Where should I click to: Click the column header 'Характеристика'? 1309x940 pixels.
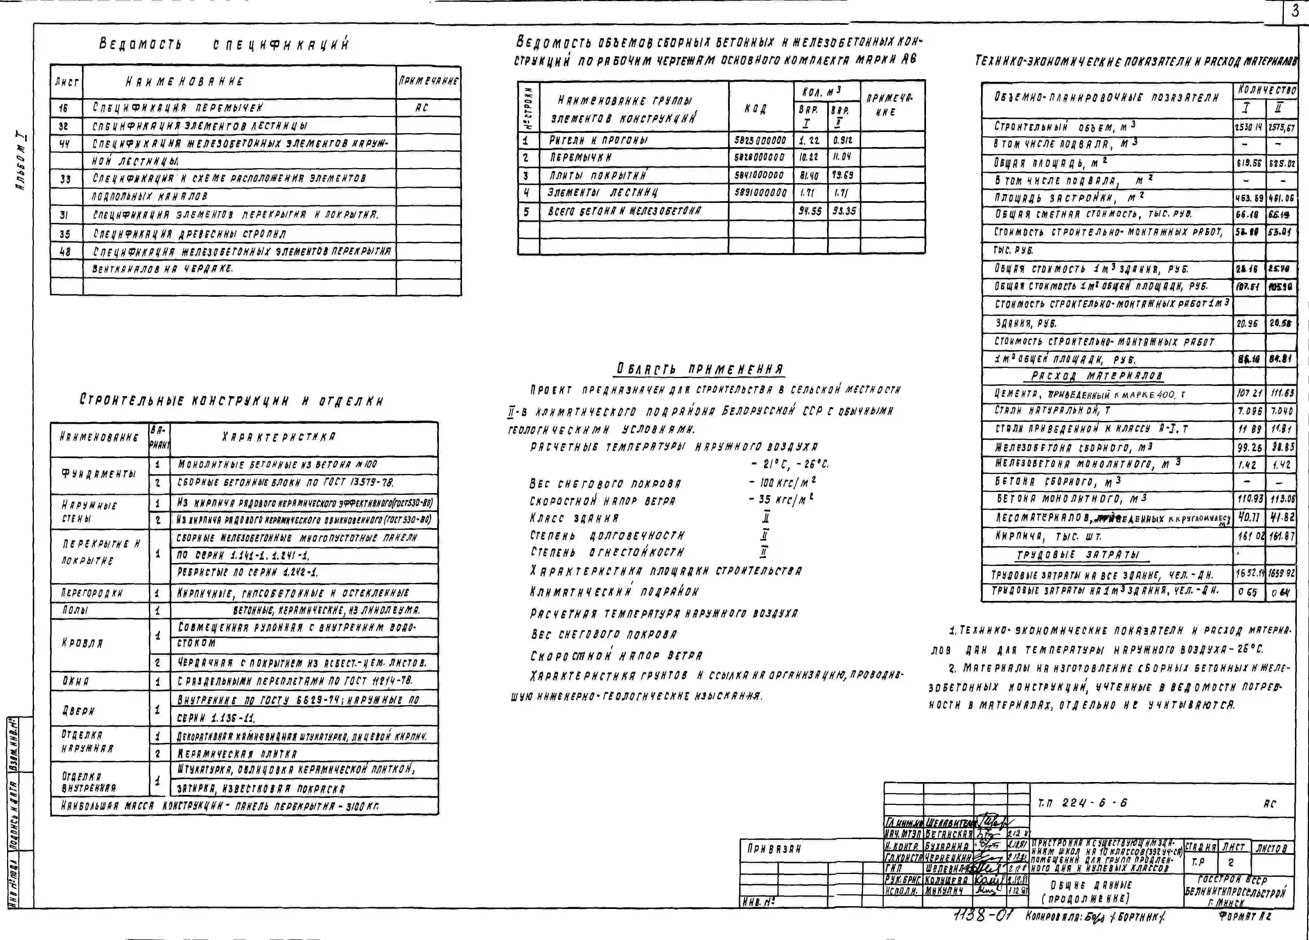coord(278,437)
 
